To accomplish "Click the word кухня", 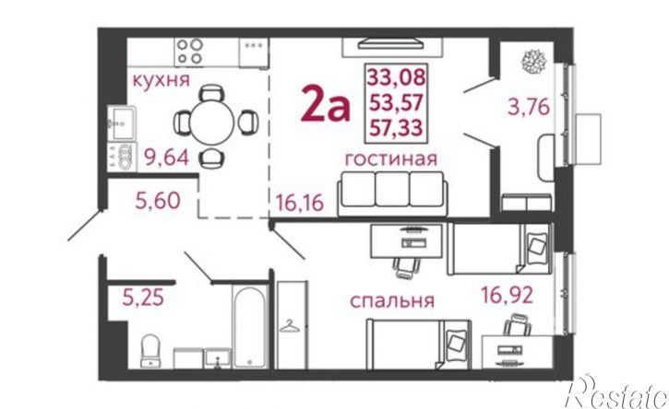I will coord(161,80).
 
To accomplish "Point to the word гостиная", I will coord(390,158).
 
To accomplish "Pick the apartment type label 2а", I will coord(326,107).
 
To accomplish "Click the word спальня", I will coord(391,300).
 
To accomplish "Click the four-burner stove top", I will coord(189,47).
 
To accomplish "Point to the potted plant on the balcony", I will coord(532,61).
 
